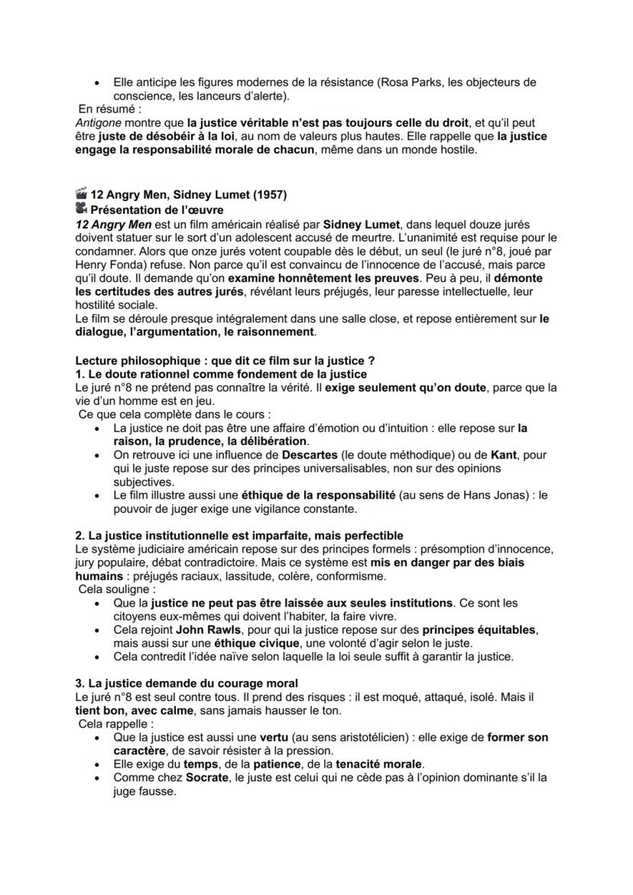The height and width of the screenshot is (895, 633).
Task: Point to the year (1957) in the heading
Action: point(270,195)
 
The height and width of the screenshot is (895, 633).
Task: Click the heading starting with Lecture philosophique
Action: point(225,361)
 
